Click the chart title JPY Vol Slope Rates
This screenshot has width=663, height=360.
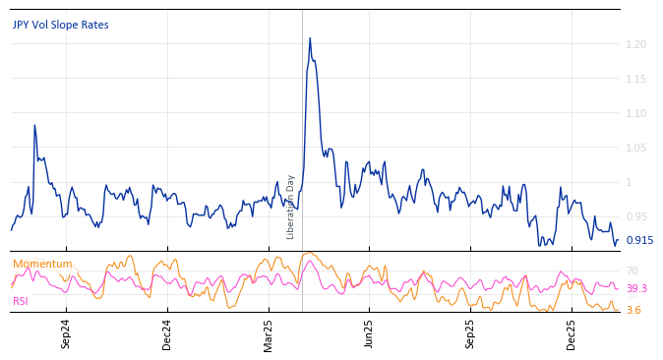click(x=61, y=25)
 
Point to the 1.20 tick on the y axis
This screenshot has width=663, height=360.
click(x=634, y=44)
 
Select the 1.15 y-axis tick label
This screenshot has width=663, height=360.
click(x=634, y=79)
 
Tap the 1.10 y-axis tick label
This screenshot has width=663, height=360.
click(x=634, y=113)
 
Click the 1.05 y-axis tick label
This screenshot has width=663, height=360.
click(x=634, y=148)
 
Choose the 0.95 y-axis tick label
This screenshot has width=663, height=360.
click(x=634, y=216)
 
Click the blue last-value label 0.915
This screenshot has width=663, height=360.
click(x=639, y=240)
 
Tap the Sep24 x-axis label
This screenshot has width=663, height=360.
click(x=66, y=333)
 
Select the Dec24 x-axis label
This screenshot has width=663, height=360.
click(x=167, y=333)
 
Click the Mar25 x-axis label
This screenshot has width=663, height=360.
click(x=269, y=333)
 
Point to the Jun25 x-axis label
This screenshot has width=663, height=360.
click(x=370, y=333)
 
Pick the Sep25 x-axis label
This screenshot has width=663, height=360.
click(x=470, y=333)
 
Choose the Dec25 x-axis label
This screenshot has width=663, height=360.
click(x=572, y=333)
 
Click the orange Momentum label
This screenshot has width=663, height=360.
click(x=42, y=264)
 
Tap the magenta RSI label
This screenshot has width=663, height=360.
click(x=21, y=301)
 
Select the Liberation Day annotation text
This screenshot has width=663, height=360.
click(x=291, y=207)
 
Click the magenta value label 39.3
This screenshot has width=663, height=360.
click(x=636, y=288)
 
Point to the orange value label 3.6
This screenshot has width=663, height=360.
click(x=633, y=310)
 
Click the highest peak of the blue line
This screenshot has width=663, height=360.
click(x=310, y=38)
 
